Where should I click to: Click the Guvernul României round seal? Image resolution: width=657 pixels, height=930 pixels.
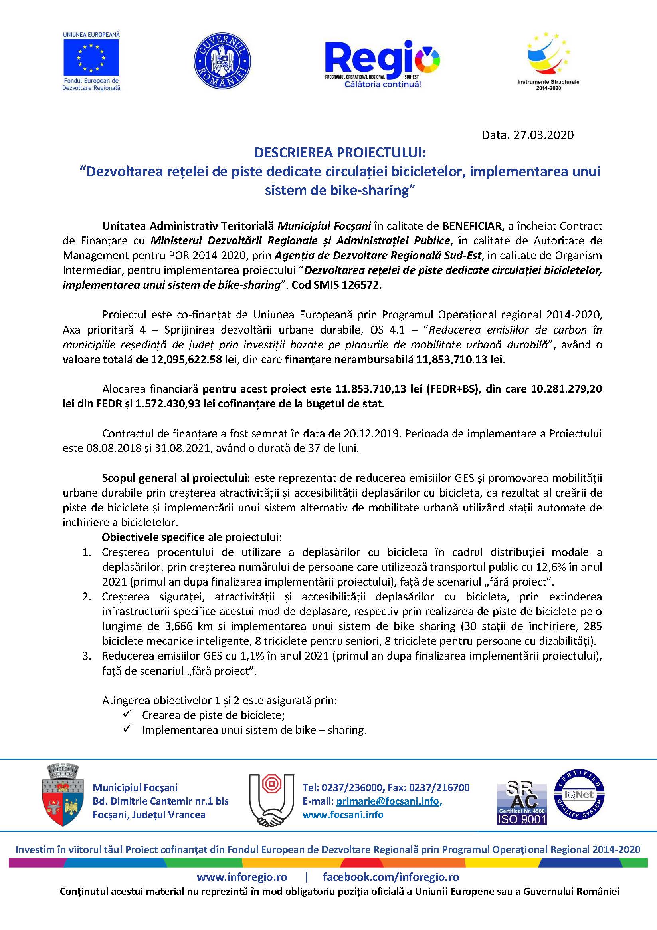[222, 60]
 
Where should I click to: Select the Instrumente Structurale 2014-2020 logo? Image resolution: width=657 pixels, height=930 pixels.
[548, 61]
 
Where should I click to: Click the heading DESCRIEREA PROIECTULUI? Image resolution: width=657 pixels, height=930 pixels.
[340, 153]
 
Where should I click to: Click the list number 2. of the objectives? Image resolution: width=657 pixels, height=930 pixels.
[87, 597]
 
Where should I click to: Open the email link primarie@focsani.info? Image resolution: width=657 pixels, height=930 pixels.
[388, 801]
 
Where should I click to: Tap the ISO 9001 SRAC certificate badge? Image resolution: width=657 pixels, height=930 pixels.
[522, 803]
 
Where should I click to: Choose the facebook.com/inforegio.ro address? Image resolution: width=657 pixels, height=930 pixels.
[391, 877]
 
